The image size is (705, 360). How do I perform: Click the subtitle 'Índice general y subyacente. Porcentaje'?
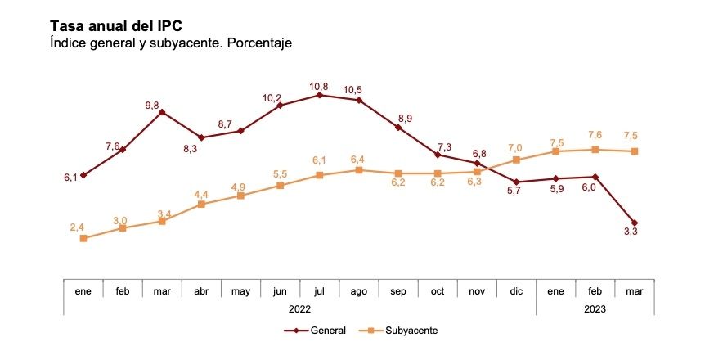171,42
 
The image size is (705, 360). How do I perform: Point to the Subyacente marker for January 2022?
83,238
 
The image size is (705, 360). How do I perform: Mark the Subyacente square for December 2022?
516,160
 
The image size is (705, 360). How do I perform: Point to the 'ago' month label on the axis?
359,290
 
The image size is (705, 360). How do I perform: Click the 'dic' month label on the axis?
516,290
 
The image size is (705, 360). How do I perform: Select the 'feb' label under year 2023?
595,290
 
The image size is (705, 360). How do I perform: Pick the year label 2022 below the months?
299,308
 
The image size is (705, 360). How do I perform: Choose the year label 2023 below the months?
595,308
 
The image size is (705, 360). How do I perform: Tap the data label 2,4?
78,226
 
